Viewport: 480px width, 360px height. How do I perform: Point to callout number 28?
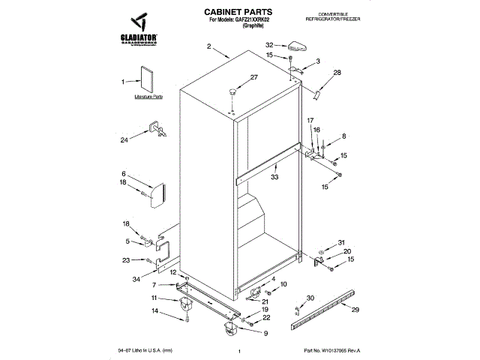(x=337, y=73)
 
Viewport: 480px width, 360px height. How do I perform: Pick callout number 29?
(x=355, y=310)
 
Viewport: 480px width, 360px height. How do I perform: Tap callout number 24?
(x=125, y=139)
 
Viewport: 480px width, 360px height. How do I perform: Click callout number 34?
(x=136, y=279)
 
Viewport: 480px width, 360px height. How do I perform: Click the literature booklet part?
(x=146, y=79)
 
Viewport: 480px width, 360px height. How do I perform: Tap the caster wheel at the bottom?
(x=226, y=325)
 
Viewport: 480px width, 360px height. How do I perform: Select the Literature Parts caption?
(x=148, y=97)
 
